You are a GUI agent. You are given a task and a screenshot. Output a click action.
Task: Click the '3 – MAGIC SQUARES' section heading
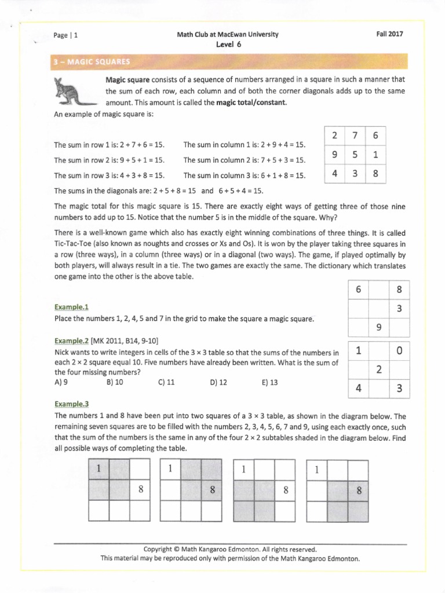point(92,61)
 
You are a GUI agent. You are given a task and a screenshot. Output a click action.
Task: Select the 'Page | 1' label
point(65,35)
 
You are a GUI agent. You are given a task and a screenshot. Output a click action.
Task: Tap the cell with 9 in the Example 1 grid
point(378,327)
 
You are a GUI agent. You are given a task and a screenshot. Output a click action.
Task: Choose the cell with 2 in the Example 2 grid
point(378,369)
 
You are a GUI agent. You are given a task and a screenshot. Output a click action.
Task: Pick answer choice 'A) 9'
point(61,382)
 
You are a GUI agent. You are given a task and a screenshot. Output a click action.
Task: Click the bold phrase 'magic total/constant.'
point(251,103)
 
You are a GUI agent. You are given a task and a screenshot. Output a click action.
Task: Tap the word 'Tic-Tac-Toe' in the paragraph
point(72,244)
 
